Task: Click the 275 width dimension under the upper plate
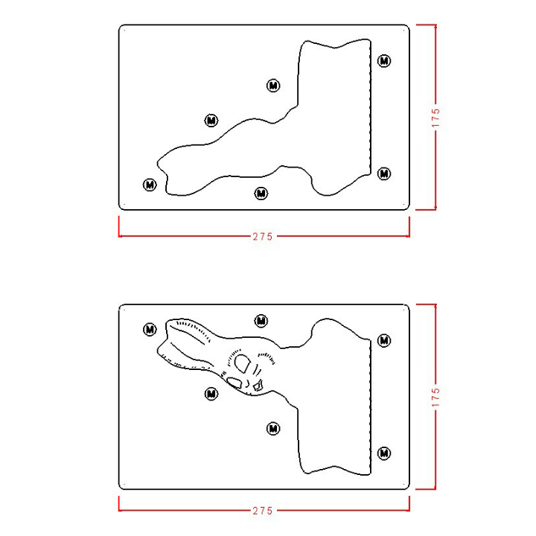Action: pyautogui.click(x=263, y=237)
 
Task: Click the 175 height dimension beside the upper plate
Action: pyautogui.click(x=435, y=118)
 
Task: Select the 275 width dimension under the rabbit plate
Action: pyautogui.click(x=263, y=511)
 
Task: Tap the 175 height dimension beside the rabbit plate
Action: pyautogui.click(x=435, y=398)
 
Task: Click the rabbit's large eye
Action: pyautogui.click(x=243, y=363)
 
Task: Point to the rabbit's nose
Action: pyautogui.click(x=234, y=383)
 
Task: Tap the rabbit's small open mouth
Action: pyautogui.click(x=258, y=386)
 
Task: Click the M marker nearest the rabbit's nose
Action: pyautogui.click(x=211, y=394)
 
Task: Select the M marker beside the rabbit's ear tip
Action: pyautogui.click(x=150, y=330)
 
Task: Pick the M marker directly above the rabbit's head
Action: pyautogui.click(x=261, y=321)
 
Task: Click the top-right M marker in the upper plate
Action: pyautogui.click(x=384, y=61)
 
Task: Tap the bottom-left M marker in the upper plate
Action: pyautogui.click(x=150, y=185)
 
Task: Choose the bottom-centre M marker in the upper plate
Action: pyautogui.click(x=261, y=194)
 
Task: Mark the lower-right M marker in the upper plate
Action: pyautogui.click(x=384, y=173)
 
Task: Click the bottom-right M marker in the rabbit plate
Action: pyautogui.click(x=384, y=453)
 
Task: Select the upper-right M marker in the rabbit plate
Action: pyautogui.click(x=384, y=340)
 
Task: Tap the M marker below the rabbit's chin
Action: pyautogui.click(x=273, y=428)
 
